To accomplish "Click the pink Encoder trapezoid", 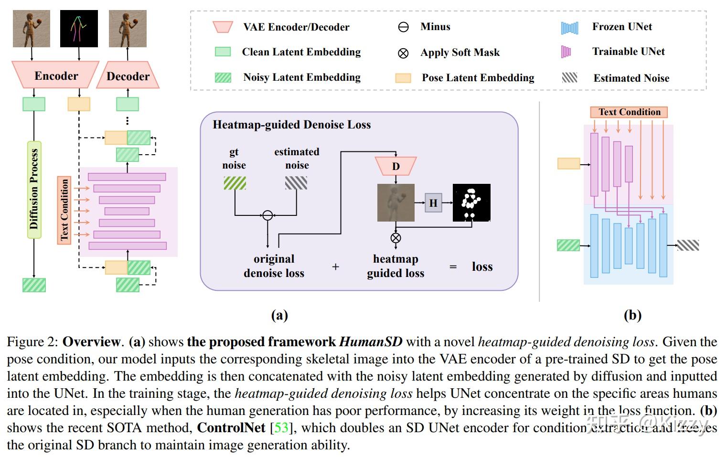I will click(55, 75).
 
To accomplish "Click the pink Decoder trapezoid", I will click(128, 75).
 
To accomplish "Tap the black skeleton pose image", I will click(79, 29).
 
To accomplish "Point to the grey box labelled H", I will click(433, 203).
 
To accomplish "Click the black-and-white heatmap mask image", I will click(471, 202).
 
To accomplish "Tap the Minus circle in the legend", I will click(403, 27).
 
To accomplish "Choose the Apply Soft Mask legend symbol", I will click(403, 53).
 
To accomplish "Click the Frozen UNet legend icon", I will click(569, 28).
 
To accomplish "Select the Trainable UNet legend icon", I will click(566, 52).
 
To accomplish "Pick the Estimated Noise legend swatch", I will click(570, 77).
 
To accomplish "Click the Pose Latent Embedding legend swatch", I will click(403, 78).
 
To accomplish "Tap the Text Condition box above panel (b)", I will click(629, 112).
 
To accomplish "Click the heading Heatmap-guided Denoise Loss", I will click(291, 125).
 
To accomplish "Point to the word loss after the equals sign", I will click(482, 266).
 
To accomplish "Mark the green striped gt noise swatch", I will click(235, 183).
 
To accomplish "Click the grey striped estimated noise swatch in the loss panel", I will click(296, 183).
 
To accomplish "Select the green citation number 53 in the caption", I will click(281, 427).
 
